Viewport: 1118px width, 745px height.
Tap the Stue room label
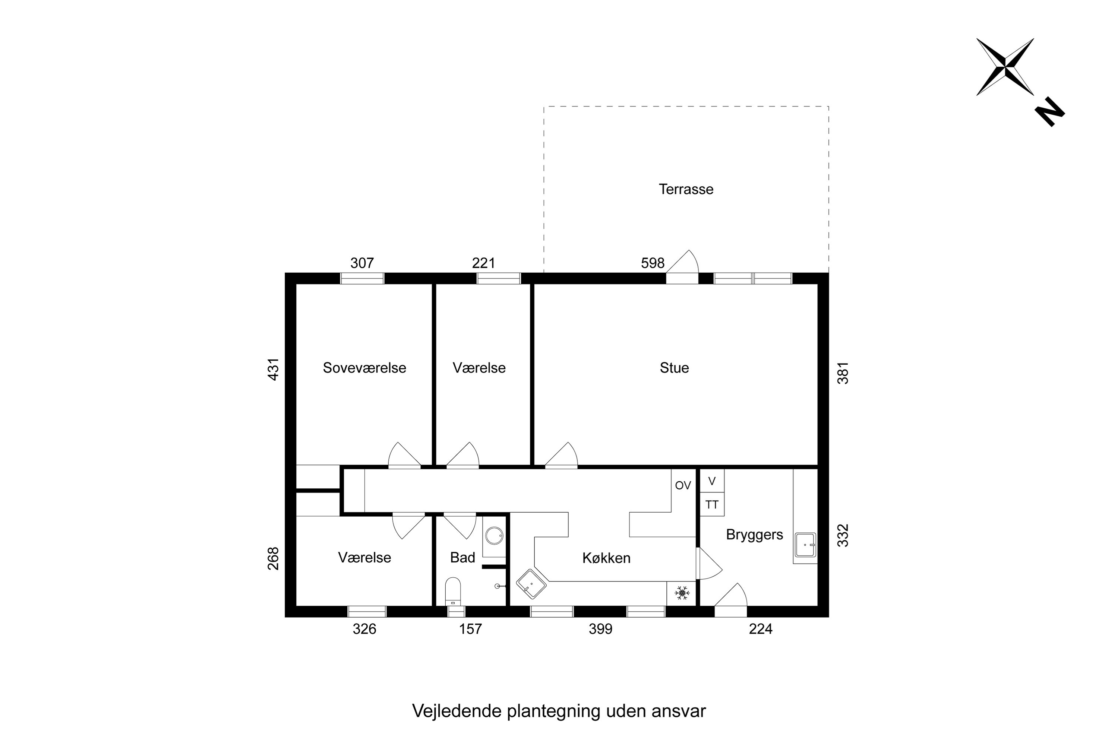point(674,368)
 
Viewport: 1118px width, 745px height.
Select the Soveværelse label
point(364,368)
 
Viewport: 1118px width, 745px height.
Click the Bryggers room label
point(754,535)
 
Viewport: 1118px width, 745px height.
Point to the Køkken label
point(606,558)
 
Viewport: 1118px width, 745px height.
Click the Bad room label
point(462,557)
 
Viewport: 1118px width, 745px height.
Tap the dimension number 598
point(652,263)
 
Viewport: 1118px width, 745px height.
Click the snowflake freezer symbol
point(682,593)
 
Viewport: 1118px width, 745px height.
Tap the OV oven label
point(683,485)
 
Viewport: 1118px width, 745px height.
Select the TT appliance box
point(711,505)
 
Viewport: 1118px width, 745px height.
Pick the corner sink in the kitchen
point(531,584)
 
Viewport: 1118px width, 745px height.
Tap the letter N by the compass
point(1049,112)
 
